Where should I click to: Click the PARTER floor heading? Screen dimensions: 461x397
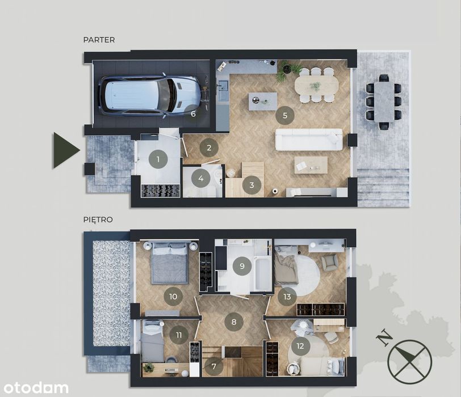pos(99,40)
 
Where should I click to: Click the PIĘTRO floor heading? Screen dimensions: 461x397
pos(98,219)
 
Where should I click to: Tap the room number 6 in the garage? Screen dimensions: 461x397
pos(193,113)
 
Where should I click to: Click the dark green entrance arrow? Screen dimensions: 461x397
pos(66,150)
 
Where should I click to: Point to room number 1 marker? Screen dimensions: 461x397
pos(158,159)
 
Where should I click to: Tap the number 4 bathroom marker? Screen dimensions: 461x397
pos(201,178)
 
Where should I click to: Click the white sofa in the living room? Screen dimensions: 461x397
pos(309,140)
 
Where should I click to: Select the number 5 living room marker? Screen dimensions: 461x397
pos(285,115)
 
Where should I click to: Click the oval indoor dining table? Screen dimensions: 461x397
pos(316,85)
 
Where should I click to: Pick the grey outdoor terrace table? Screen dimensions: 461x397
pos(384,102)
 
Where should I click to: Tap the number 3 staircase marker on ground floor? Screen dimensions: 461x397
pos(252,185)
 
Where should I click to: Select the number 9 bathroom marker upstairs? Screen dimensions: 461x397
pos(242,266)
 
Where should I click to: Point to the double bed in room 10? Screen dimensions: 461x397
pos(169,263)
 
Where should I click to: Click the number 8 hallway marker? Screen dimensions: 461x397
pos(234,322)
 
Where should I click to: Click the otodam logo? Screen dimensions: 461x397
pos(36,387)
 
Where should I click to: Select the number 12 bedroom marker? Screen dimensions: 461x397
pos(300,346)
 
